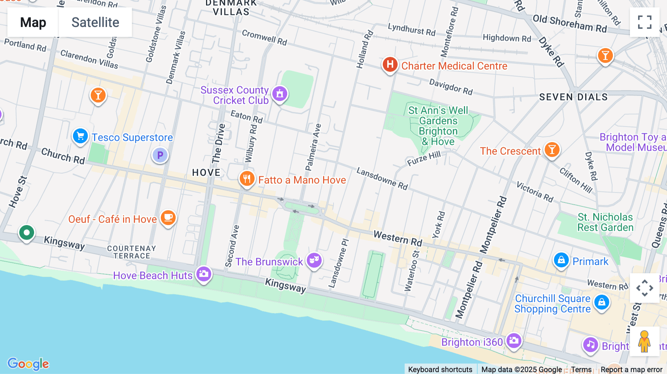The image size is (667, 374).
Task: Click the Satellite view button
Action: (x=95, y=22)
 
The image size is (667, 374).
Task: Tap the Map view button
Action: (x=33, y=22)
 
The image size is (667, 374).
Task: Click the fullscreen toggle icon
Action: (x=644, y=22)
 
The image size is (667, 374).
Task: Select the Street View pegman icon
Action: (x=644, y=341)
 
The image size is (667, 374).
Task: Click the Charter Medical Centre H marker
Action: (x=390, y=64)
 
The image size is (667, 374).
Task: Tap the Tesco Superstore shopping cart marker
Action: (x=80, y=136)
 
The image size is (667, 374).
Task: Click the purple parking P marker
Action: (x=160, y=155)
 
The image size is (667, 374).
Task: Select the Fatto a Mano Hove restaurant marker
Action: (x=247, y=179)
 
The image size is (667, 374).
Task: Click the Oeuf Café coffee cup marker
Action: (x=168, y=217)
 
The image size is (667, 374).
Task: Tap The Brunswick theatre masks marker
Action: (x=314, y=260)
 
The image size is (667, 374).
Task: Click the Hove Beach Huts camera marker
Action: (x=204, y=274)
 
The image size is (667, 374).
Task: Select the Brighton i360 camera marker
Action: (x=514, y=340)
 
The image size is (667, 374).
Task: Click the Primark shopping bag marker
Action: (x=561, y=260)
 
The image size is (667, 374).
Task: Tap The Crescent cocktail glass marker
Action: (x=552, y=150)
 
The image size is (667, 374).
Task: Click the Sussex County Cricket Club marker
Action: (x=280, y=94)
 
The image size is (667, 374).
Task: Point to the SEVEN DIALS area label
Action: (x=573, y=97)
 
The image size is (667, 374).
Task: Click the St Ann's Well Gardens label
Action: (x=438, y=126)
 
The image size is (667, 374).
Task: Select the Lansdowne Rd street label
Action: (x=382, y=178)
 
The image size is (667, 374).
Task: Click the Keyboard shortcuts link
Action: (x=440, y=369)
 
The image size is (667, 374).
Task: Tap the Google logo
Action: (x=28, y=364)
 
